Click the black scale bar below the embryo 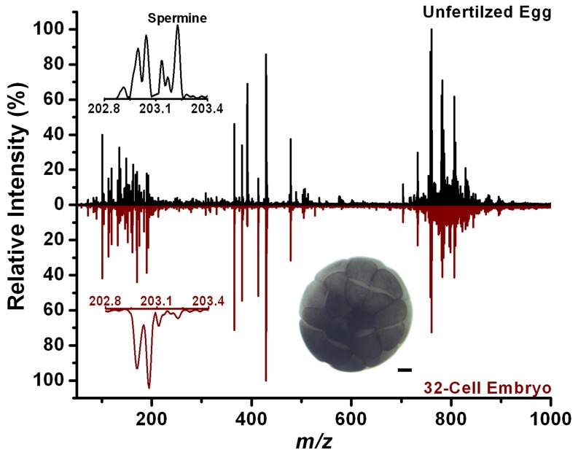point(405,370)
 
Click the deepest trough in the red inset point(149,386)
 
